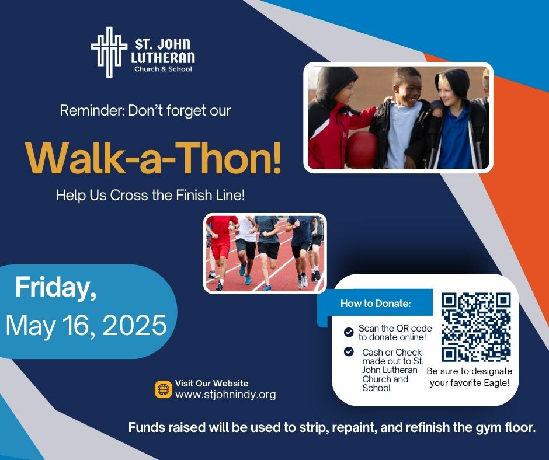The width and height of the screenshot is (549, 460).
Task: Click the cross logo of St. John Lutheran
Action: tap(109, 52)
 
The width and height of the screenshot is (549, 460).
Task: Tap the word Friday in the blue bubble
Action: tap(55, 288)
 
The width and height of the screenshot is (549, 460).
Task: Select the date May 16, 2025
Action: tap(86, 325)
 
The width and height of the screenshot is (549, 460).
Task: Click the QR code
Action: tap(476, 327)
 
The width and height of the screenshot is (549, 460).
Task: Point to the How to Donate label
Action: tap(376, 303)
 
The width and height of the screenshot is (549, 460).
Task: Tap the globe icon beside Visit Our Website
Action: tap(163, 389)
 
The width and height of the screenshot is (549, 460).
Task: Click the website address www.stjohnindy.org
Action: tap(225, 395)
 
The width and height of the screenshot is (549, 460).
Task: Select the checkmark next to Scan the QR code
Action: tap(349, 332)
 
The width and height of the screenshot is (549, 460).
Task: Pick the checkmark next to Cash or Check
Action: tap(349, 351)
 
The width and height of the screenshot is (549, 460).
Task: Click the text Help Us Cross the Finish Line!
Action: tap(151, 195)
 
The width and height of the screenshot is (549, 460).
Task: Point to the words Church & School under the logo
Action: tap(163, 69)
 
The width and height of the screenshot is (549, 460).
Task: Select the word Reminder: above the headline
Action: tap(92, 111)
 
